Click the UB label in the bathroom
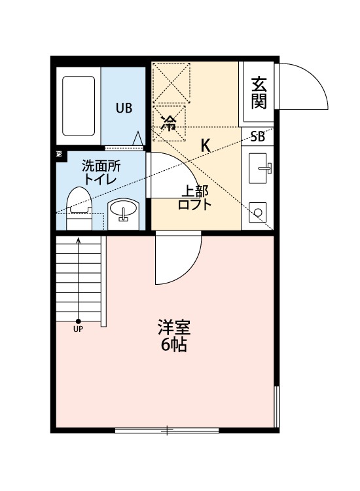coord(124,108)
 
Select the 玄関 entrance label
coord(259,93)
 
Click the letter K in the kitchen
coord(206,145)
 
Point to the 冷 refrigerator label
coord(169,123)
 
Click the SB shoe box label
coord(258,137)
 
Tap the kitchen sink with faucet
coord(259,168)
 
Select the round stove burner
coord(258,213)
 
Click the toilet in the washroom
coord(79,208)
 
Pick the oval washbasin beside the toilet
coord(123,209)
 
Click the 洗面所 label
coord(101,166)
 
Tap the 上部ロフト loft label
coord(194,197)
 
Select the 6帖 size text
coord(174,345)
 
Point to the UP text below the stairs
coord(78,329)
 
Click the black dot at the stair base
coord(79,321)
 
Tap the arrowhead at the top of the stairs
coord(79,240)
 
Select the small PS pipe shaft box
coord(58,154)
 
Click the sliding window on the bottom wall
coord(167,431)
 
